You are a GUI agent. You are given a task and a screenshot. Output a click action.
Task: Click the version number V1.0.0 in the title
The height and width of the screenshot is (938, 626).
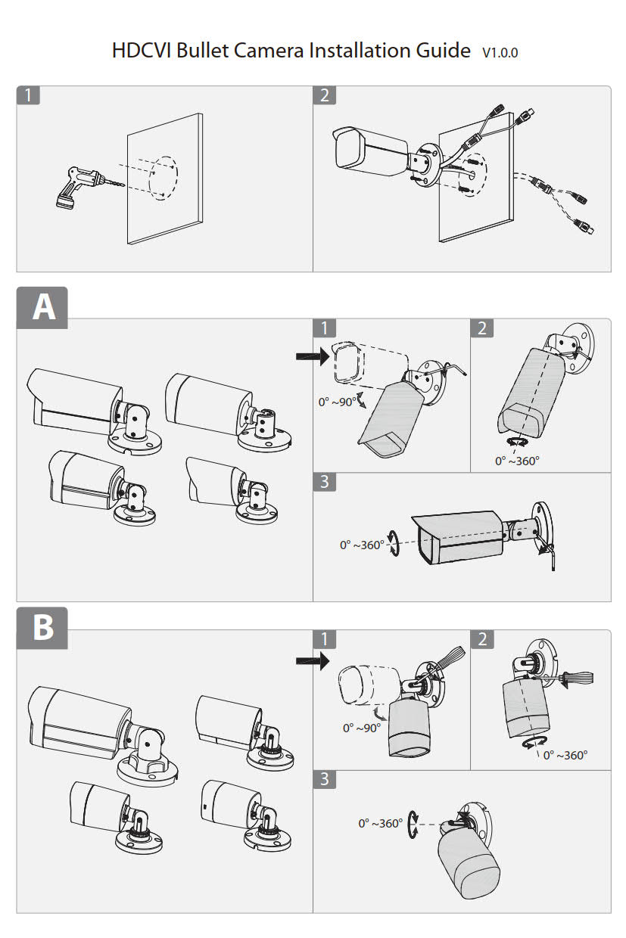[x=500, y=52]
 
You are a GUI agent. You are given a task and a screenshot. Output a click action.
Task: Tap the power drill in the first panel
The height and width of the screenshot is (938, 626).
[x=76, y=185]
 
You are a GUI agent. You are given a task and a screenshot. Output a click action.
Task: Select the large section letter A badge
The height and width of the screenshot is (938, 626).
[x=42, y=308]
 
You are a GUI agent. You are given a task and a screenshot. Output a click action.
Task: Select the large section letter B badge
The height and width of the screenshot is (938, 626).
[x=42, y=628]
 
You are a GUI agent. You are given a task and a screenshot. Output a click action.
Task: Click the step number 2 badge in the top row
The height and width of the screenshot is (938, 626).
[x=325, y=95]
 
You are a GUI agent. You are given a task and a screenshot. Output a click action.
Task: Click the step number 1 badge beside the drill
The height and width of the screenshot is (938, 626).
[x=28, y=95]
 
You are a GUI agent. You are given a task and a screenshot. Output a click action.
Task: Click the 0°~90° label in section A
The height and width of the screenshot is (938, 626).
[x=337, y=402]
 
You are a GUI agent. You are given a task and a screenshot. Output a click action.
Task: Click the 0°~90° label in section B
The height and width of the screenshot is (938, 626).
[x=361, y=728]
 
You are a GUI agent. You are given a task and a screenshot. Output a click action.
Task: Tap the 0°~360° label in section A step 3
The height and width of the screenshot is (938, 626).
[x=362, y=545]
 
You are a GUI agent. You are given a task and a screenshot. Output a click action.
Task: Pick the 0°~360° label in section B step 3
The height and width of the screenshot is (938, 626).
[x=380, y=823]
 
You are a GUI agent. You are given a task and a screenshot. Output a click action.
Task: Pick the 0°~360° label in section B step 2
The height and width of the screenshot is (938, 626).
[x=565, y=754]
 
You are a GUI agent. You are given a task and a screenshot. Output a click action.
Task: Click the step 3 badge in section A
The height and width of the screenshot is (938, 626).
[x=325, y=482]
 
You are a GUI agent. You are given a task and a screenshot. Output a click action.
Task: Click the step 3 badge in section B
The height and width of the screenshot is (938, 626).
[x=325, y=779]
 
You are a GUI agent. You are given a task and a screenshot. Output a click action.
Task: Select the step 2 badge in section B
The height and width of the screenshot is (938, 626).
[x=483, y=639]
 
